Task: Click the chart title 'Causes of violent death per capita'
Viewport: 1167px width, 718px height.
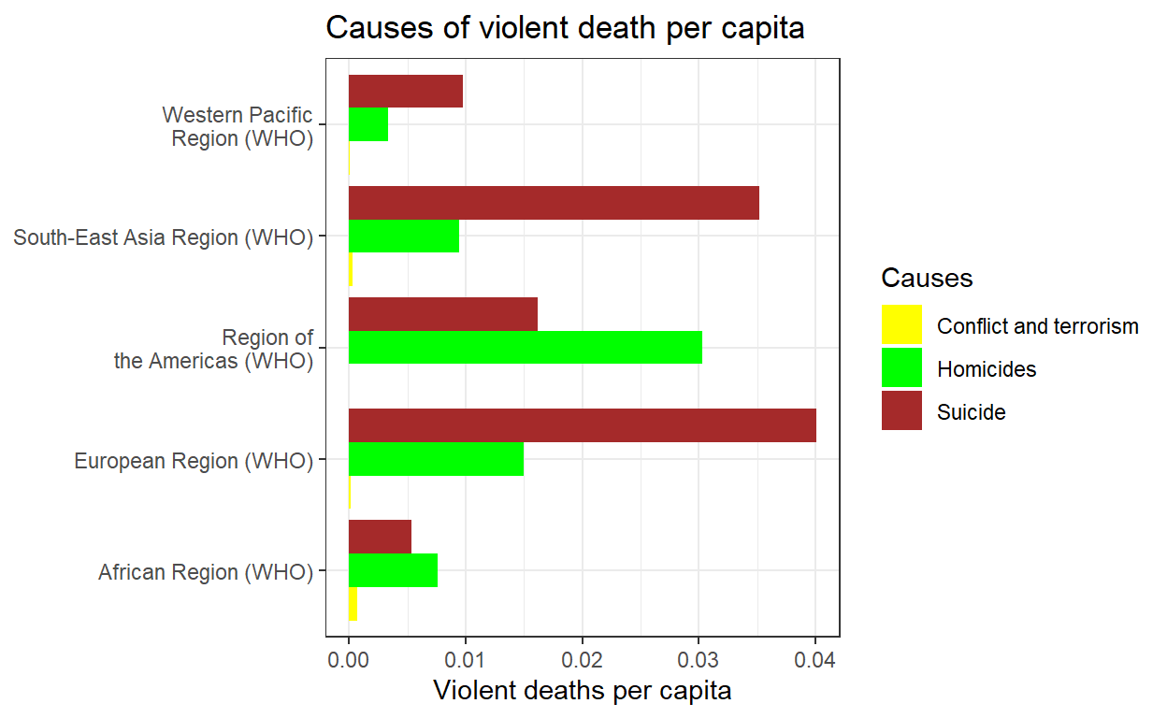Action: point(565,29)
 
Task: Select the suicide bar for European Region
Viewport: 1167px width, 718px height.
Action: point(582,425)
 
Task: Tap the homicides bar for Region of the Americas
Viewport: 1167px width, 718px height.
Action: point(525,347)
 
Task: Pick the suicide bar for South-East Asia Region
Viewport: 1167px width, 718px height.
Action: point(554,203)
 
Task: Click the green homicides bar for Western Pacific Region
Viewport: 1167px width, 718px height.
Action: point(368,125)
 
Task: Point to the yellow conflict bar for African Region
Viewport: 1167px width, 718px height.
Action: point(353,604)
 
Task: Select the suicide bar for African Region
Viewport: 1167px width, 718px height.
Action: point(380,536)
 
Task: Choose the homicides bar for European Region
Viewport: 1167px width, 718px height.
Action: point(436,459)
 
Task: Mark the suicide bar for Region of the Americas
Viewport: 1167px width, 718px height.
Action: point(443,314)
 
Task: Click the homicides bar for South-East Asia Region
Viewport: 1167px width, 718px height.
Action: point(404,237)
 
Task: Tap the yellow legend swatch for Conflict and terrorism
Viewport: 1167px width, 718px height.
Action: point(901,324)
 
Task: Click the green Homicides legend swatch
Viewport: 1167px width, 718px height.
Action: point(901,367)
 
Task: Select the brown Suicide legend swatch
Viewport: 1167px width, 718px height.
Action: point(901,410)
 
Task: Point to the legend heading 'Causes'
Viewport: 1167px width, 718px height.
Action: point(927,278)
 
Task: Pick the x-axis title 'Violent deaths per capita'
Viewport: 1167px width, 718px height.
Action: point(582,691)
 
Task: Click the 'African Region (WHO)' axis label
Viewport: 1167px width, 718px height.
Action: point(206,571)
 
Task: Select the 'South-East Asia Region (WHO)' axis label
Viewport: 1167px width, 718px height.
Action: point(163,237)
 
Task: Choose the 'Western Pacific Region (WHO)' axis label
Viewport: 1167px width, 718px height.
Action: point(238,126)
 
